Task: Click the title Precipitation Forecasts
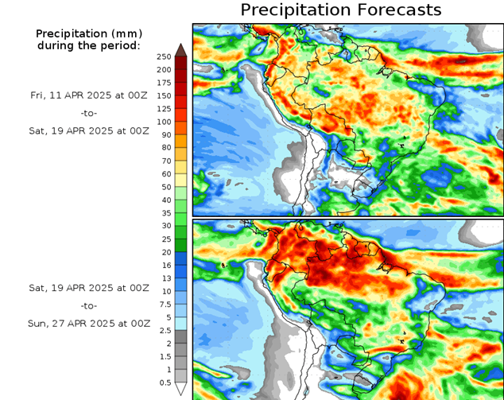point(340,10)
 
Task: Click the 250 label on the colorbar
point(165,57)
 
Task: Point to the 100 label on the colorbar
point(165,122)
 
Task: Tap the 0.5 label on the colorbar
point(165,383)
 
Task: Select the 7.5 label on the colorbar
point(165,305)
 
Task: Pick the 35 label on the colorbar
point(165,213)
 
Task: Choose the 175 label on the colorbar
point(165,83)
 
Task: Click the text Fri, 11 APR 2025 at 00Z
point(89,95)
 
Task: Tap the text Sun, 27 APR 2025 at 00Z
point(89,324)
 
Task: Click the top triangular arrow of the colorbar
point(180,49)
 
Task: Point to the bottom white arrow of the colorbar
point(180,389)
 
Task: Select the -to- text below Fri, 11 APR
point(89,113)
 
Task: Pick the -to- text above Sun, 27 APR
point(89,305)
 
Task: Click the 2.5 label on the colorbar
point(165,330)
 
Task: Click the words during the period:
point(89,46)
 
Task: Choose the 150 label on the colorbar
point(165,96)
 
